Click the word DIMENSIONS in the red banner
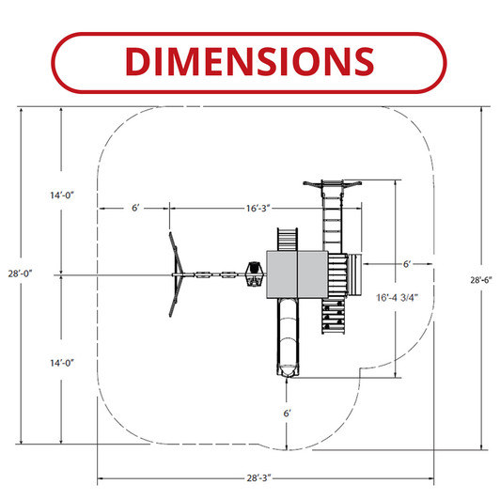pos(249,61)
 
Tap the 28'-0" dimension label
pos(21,273)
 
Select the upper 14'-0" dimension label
pos(62,195)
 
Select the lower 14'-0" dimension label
pos(62,363)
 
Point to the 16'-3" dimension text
pos(258,209)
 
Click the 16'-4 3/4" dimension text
pos(397,298)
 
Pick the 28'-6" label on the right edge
pos(481,280)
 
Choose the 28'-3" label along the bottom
pos(259,477)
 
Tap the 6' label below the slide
pos(287,414)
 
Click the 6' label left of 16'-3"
pos(135,208)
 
